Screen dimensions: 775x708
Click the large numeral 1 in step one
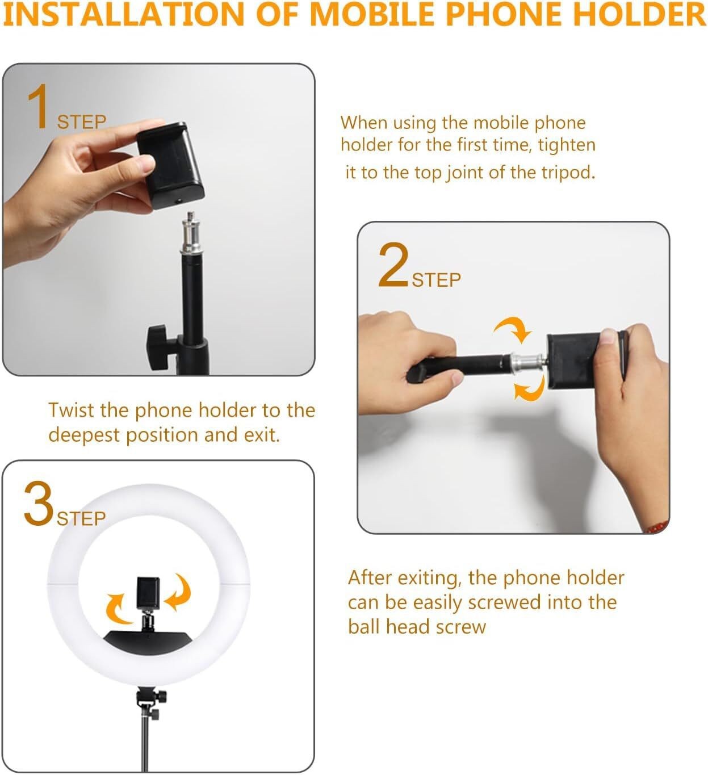click(x=39, y=107)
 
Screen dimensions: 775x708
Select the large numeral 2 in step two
click(x=393, y=265)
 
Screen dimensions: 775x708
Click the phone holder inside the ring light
click(x=149, y=594)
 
